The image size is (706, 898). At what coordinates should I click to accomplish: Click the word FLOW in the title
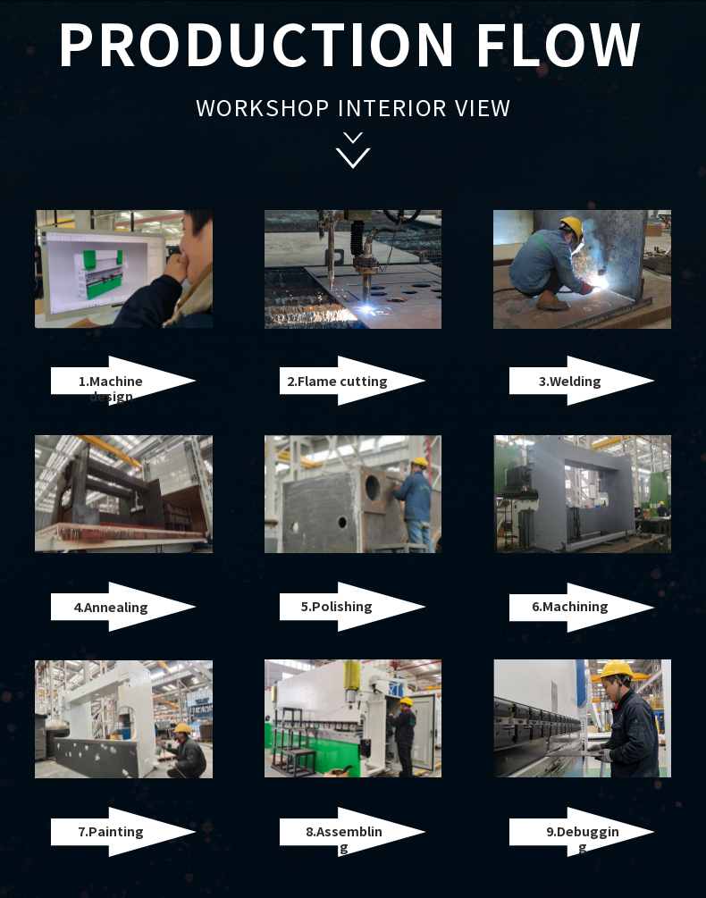tap(559, 45)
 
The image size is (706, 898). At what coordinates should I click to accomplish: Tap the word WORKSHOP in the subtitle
tap(262, 108)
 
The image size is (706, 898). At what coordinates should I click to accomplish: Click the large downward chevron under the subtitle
tap(353, 157)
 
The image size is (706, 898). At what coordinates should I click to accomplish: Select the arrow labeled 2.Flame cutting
tap(352, 381)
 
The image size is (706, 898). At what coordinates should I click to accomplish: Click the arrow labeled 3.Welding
tap(581, 381)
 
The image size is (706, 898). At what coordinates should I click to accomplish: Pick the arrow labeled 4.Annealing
tap(123, 607)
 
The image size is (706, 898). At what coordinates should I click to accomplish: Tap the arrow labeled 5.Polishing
tap(352, 607)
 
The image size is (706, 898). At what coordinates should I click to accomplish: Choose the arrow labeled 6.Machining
tap(581, 607)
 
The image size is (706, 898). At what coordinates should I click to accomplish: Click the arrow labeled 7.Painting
tap(123, 832)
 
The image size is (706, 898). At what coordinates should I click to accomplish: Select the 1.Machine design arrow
tap(123, 381)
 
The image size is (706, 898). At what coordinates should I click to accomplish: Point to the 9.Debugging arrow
tap(581, 832)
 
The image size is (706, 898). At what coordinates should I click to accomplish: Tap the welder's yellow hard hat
tap(571, 226)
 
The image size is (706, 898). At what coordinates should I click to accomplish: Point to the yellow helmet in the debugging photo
tap(616, 669)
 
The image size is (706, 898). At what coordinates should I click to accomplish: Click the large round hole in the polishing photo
tap(372, 486)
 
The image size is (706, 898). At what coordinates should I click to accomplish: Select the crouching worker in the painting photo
tap(187, 751)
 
